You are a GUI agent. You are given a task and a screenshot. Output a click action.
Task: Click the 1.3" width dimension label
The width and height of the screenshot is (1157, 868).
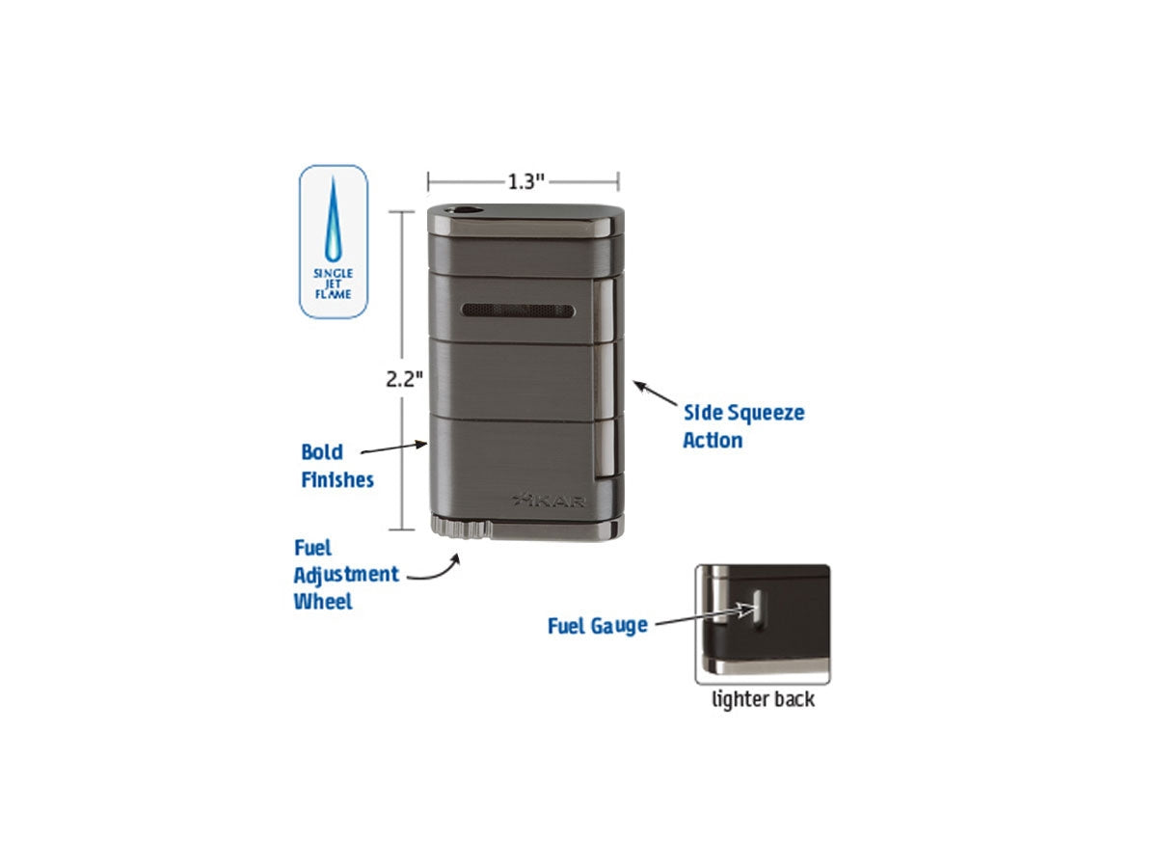(525, 182)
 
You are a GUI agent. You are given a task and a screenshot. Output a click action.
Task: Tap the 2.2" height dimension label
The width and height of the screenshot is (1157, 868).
(404, 379)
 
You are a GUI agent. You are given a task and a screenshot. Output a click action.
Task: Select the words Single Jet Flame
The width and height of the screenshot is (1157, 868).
(334, 284)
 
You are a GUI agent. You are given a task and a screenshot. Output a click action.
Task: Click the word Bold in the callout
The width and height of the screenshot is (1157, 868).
(322, 452)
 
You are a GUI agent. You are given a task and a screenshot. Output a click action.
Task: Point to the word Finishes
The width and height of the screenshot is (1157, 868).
(337, 479)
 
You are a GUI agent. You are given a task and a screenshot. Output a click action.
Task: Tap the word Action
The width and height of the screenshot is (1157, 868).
(713, 440)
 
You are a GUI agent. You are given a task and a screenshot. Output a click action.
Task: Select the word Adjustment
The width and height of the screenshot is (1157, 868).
(346, 576)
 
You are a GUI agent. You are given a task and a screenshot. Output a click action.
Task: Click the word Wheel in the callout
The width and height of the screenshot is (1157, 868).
(323, 601)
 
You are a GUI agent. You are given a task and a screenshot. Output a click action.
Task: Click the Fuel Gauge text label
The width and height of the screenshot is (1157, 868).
(598, 627)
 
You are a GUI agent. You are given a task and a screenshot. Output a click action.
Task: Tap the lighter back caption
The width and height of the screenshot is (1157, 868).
(763, 699)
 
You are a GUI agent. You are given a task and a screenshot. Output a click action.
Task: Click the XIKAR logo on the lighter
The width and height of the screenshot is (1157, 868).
(549, 501)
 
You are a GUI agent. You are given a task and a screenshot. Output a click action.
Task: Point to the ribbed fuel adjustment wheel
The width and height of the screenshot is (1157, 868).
(461, 528)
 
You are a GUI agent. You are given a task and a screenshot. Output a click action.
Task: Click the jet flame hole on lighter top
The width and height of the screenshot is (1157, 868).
(464, 211)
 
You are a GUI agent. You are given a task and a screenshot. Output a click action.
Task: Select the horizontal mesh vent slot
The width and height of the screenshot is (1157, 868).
(518, 311)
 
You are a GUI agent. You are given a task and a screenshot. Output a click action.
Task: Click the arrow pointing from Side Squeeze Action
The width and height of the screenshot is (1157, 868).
(656, 393)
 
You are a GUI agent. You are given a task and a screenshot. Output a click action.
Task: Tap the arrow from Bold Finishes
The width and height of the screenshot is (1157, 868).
(393, 448)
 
